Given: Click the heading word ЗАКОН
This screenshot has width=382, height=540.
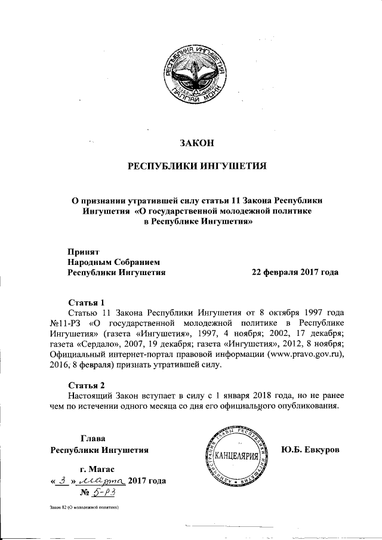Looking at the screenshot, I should (197, 142).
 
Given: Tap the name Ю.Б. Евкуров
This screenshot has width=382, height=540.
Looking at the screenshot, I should (310, 449).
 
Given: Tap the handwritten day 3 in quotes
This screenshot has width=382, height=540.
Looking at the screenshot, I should (63, 480).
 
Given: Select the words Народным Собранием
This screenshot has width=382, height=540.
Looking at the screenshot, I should (114, 261).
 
